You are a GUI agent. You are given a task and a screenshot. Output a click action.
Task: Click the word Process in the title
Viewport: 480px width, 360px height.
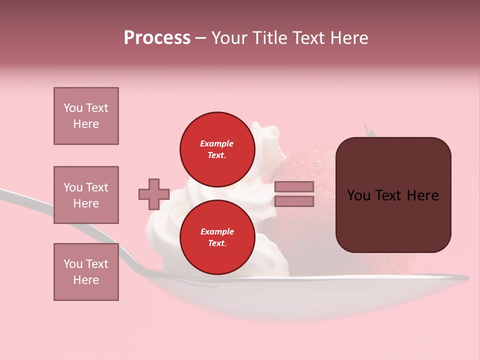pos(157,38)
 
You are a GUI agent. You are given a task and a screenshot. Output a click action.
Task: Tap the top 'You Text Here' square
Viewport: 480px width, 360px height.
pos(86,116)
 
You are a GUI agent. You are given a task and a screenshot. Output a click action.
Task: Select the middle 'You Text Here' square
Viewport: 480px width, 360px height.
pos(86,195)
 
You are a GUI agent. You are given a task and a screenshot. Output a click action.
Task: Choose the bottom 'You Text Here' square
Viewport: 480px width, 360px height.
pos(86,271)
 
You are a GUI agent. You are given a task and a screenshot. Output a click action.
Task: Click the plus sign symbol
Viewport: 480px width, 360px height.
pos(154,194)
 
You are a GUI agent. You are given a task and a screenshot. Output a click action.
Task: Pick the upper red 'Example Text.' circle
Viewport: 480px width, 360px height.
pos(217,149)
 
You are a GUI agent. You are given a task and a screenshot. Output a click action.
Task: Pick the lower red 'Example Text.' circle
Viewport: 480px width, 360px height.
pos(217,237)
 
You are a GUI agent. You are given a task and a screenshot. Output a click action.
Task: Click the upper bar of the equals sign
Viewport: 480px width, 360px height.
pos(294,186)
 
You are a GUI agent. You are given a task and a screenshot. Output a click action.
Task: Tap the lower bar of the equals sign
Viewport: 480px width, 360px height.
pos(294,201)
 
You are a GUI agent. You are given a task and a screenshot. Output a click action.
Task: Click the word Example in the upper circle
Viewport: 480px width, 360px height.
pos(216,143)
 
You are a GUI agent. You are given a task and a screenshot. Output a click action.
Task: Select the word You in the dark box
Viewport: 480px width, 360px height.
pos(358,195)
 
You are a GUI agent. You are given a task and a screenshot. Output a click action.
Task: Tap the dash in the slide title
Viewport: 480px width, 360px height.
pos(200,38)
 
